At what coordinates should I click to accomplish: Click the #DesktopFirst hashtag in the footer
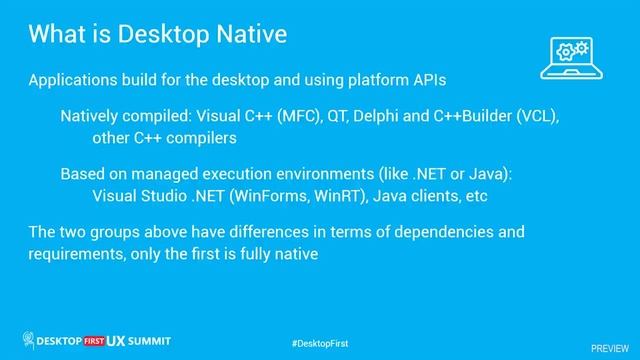point(319,343)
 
